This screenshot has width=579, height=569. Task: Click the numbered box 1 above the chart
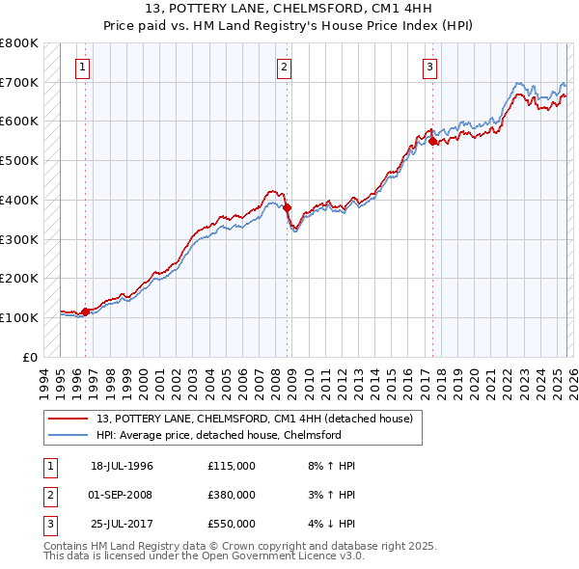click(83, 68)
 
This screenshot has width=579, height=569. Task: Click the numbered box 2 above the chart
click(285, 68)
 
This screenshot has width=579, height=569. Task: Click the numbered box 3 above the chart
click(429, 68)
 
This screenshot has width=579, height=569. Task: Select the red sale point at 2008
click(287, 206)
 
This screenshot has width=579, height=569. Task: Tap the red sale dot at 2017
click(432, 141)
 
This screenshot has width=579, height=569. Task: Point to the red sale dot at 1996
click(85, 312)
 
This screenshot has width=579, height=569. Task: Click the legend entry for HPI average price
click(218, 435)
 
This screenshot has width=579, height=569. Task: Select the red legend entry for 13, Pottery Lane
click(254, 419)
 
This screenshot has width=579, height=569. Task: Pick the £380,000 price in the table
click(231, 495)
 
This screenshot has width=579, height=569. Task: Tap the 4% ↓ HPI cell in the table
click(326, 524)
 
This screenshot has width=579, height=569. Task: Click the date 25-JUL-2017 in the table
click(122, 524)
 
